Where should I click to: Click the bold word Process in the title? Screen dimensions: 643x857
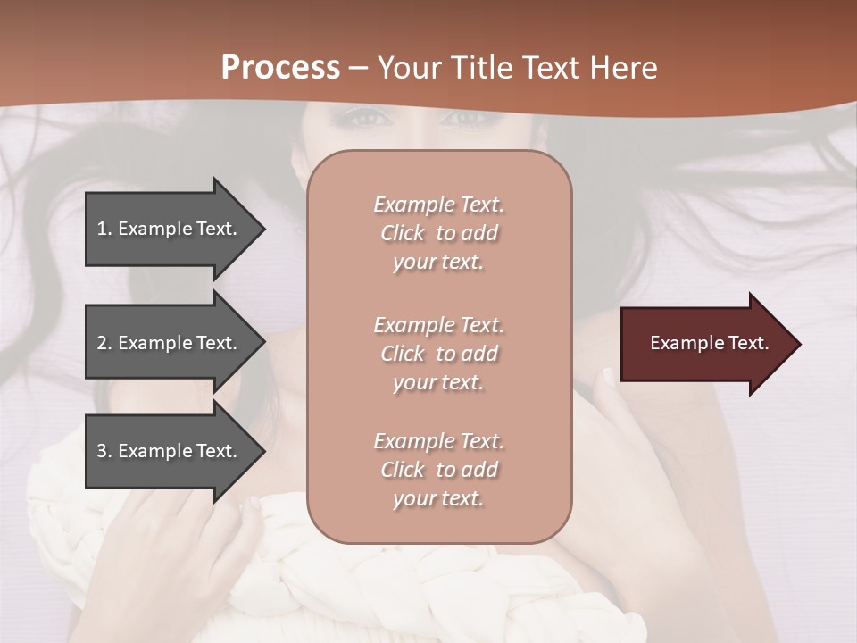(280, 68)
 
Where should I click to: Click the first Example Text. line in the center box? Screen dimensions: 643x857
(438, 205)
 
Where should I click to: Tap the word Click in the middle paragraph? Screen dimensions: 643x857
(403, 354)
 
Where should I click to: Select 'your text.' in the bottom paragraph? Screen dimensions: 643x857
(438, 498)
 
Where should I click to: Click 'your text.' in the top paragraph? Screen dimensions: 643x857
(438, 262)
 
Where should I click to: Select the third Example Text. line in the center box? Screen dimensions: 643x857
(438, 441)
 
